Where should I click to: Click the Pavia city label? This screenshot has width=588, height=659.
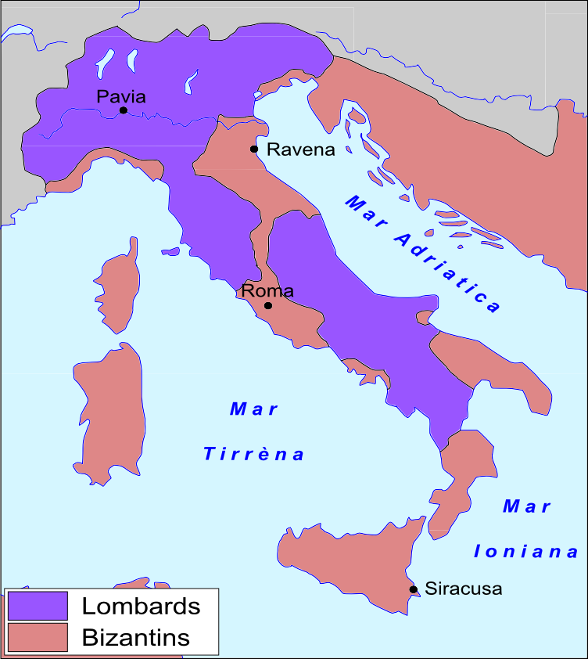pyautogui.click(x=120, y=96)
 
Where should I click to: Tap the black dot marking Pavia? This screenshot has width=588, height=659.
pyautogui.click(x=124, y=110)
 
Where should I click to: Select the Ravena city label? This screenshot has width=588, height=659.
pyautogui.click(x=301, y=149)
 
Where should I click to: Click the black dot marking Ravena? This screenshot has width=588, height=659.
pyautogui.click(x=253, y=149)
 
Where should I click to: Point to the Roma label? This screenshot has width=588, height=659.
pyautogui.click(x=267, y=291)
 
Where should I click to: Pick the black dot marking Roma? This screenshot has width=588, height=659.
pyautogui.click(x=268, y=305)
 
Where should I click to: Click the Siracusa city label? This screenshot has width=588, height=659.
pyautogui.click(x=463, y=589)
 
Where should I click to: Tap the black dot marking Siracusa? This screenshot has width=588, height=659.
pyautogui.click(x=413, y=589)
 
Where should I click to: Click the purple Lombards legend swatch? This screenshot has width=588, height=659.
pyautogui.click(x=38, y=606)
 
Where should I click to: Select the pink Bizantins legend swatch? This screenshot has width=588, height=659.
pyautogui.click(x=38, y=637)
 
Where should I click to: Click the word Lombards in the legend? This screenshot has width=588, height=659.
pyautogui.click(x=141, y=606)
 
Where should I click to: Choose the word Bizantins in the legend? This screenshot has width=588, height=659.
pyautogui.click(x=135, y=637)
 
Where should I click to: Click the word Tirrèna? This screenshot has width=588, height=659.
pyautogui.click(x=254, y=454)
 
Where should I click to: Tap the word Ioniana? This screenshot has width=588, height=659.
pyautogui.click(x=526, y=552)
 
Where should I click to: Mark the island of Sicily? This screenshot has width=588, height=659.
pyautogui.click(x=352, y=564)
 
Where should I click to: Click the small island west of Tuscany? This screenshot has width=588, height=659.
pyautogui.click(x=171, y=252)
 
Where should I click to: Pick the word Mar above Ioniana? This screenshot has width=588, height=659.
pyautogui.click(x=526, y=506)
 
